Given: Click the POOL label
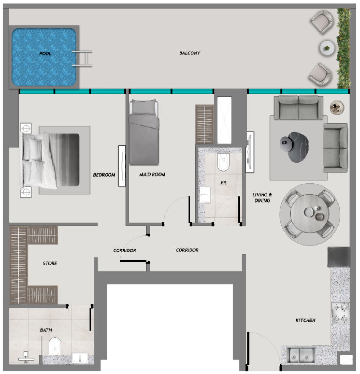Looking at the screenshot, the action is coord(45,53).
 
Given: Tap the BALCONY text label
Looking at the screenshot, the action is coord(190,53).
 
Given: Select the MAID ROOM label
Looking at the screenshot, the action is coord(152,174).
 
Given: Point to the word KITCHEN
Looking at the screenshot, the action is coord(305,320).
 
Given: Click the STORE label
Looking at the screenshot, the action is coord(50,263).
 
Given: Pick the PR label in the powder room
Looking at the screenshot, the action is coord(223,182).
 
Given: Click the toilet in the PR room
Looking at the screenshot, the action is coord(223,162).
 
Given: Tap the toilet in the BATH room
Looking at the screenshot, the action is coord(55,346).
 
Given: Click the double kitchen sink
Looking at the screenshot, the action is coord(301,355).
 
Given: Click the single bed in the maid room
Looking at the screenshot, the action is coord(144,132).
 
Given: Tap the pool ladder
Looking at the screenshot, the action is coord(82,59).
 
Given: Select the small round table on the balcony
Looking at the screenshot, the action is coord(327,48).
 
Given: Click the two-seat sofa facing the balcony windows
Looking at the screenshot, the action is coord(298,108).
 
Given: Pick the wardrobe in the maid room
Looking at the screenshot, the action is coord(204,124).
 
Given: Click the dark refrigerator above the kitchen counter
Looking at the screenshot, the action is coord(339,257).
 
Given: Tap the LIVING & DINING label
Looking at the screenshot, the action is coord(262,197).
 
